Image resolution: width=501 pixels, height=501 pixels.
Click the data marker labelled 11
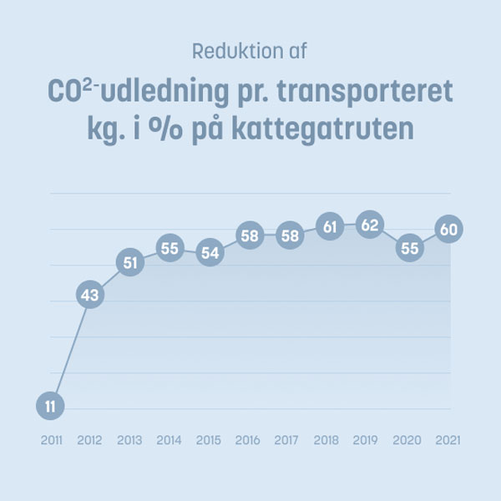click(50, 407)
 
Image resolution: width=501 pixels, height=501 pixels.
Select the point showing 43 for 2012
click(90, 295)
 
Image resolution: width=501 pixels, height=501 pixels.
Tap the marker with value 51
click(129, 262)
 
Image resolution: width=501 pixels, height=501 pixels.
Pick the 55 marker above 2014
click(170, 248)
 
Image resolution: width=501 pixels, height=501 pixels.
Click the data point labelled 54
click(210, 252)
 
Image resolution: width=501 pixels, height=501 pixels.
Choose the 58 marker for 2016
click(250, 236)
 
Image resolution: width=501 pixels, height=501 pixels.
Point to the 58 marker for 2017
click(289, 236)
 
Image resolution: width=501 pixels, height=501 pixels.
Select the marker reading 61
click(329, 225)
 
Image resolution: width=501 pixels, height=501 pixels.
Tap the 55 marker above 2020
click(409, 248)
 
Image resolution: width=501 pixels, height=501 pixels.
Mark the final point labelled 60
click(449, 229)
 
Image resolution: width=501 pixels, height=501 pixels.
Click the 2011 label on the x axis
click(50, 440)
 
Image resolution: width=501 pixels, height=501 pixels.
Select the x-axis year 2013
click(129, 440)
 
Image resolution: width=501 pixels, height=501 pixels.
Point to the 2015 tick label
click(210, 440)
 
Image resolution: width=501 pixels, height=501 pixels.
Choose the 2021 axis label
click(449, 440)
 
